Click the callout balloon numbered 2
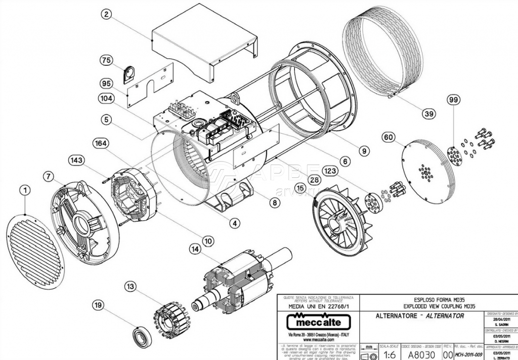[x=106, y=14]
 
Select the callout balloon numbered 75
[x=106, y=60]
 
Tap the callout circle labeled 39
[x=429, y=114]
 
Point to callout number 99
[x=453, y=100]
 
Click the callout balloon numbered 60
[x=388, y=137]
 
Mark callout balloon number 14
[x=195, y=249]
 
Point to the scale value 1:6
[x=388, y=354]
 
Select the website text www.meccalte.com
[x=314, y=341]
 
